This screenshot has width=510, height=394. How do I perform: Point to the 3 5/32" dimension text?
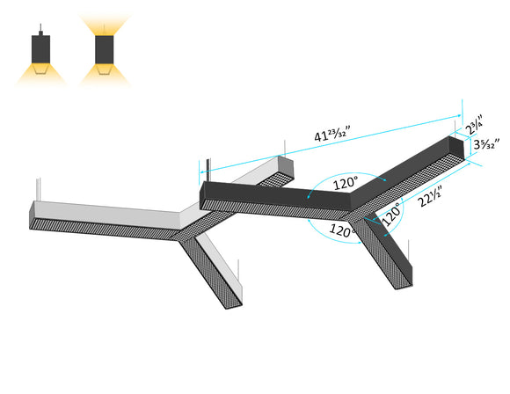pyautogui.click(x=484, y=143)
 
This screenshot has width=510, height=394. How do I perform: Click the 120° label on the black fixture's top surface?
pyautogui.click(x=346, y=184)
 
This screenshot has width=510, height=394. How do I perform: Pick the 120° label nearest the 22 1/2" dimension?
pyautogui.click(x=391, y=212)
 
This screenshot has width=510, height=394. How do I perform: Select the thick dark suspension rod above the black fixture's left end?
pyautogui.click(x=208, y=170)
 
